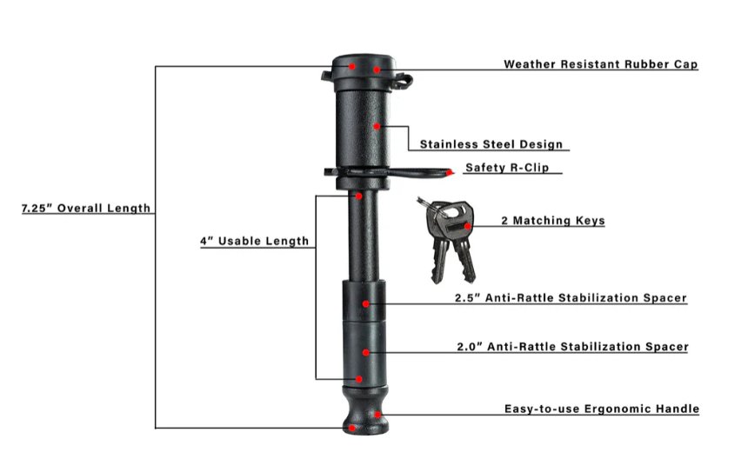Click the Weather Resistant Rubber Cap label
point(601,63)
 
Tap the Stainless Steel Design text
point(491,144)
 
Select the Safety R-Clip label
point(507,168)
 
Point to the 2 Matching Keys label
point(553,220)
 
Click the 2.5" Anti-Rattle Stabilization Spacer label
point(571,297)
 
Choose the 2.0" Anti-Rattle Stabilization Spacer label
point(572,346)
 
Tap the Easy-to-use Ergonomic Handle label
point(602,409)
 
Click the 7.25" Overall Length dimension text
point(86,208)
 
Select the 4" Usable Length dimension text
point(255,241)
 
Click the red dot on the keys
point(468,227)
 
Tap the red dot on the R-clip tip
point(450,173)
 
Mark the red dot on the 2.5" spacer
point(365,303)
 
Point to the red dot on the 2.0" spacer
point(365,352)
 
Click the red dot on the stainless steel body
point(377,126)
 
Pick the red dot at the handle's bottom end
point(351,429)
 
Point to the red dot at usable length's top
point(358,196)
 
